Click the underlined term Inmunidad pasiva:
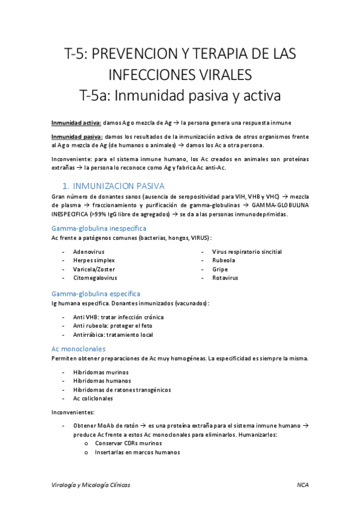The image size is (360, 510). [x=76, y=137]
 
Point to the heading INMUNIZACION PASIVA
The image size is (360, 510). [x=117, y=186]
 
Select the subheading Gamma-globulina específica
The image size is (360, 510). [x=96, y=293]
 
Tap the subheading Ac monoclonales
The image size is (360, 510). [x=79, y=348]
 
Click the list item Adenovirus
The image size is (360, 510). [x=89, y=251]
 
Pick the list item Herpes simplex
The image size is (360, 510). [x=94, y=260]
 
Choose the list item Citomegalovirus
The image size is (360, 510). [x=95, y=278]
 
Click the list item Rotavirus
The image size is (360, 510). [x=225, y=278]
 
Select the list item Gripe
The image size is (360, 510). [x=219, y=269]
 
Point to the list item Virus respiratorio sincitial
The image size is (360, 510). [x=247, y=251]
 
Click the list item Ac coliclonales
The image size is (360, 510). [x=93, y=398]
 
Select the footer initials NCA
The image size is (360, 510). [x=302, y=484]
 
